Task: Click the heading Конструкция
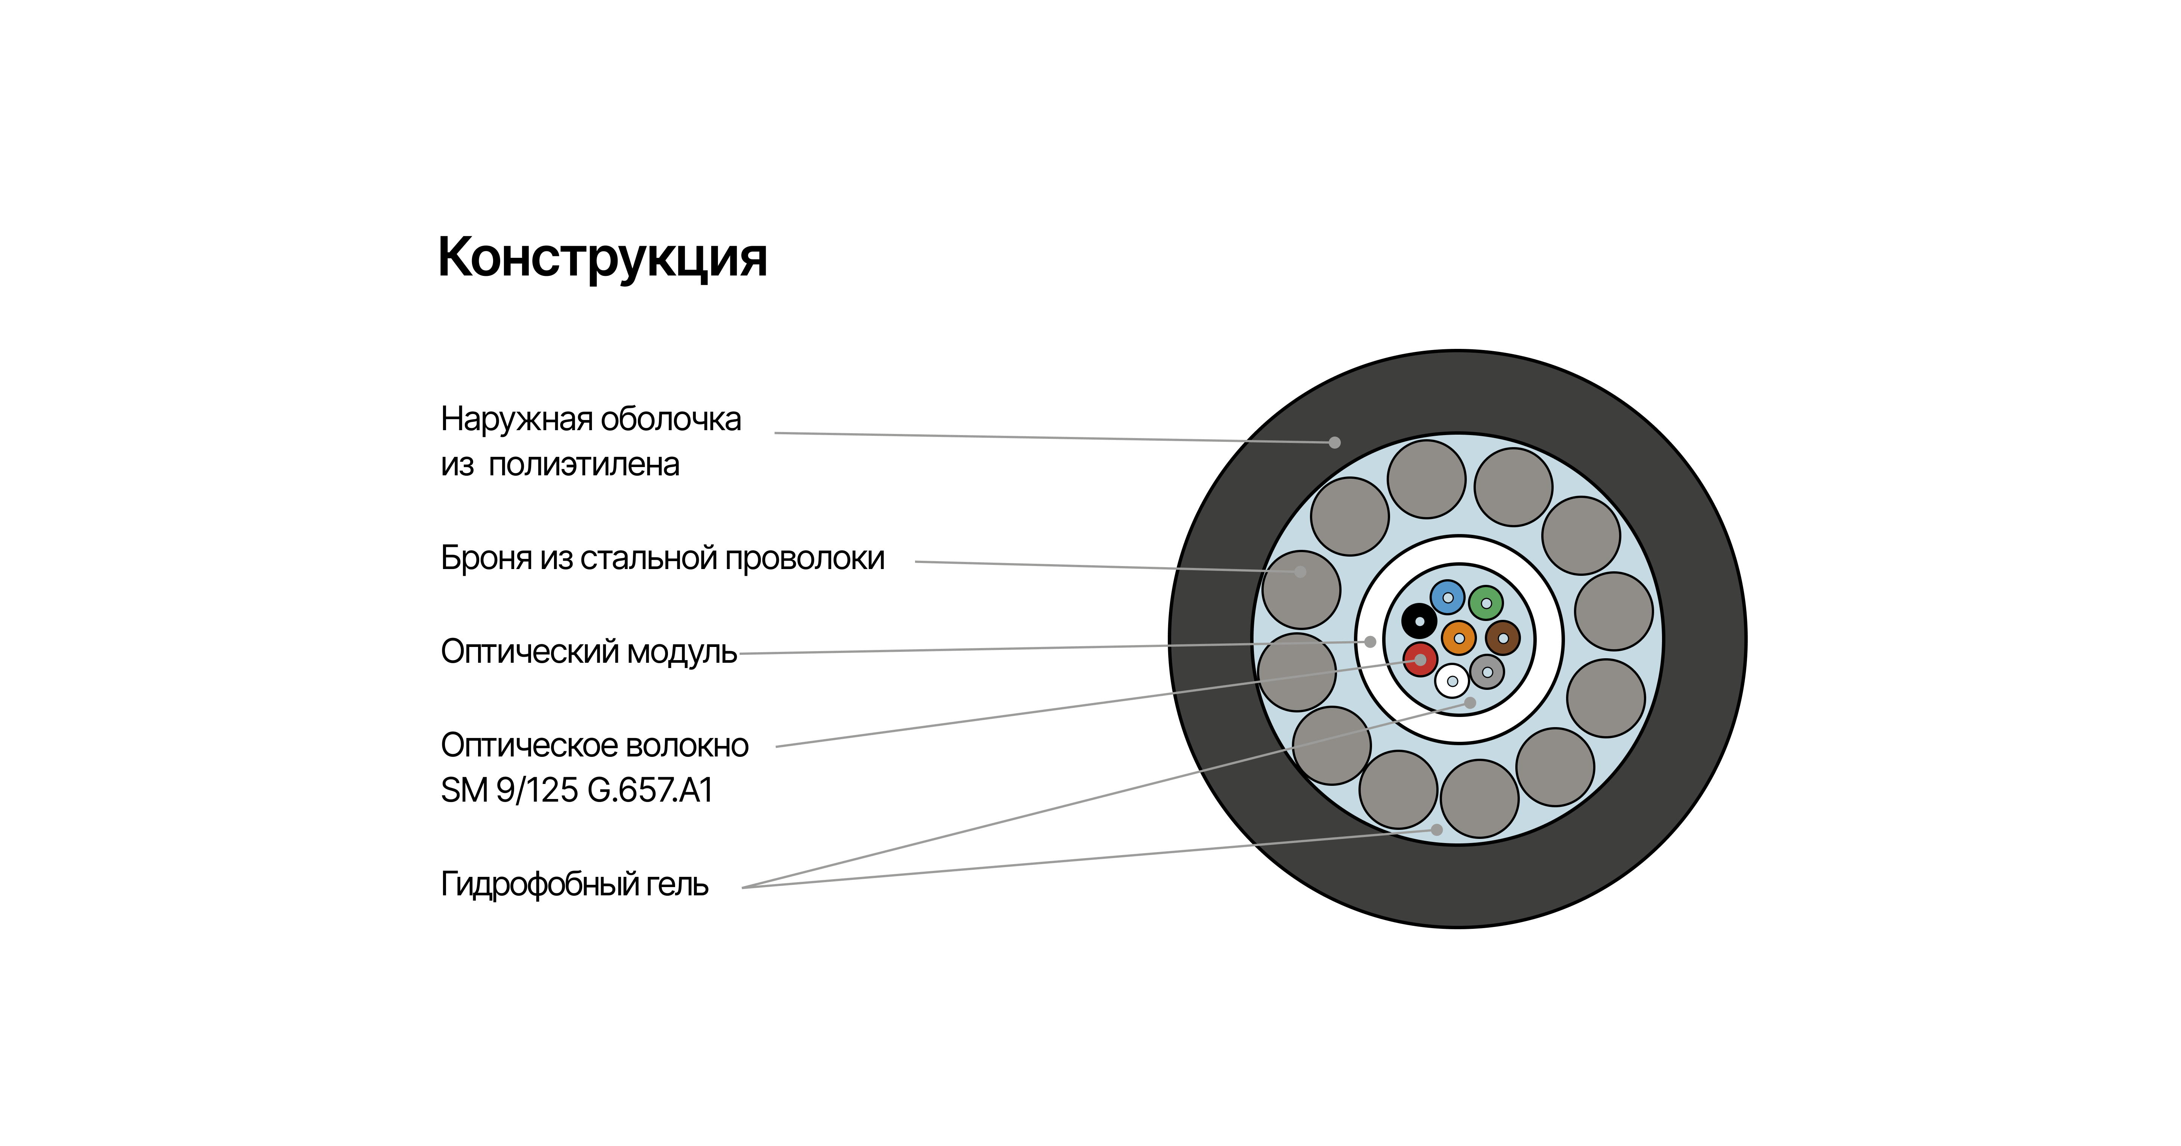(x=602, y=257)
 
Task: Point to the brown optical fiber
(x=1503, y=638)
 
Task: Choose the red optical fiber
(x=1421, y=659)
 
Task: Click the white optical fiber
(x=1452, y=680)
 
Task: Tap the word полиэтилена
(x=584, y=465)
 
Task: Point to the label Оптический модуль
(x=589, y=652)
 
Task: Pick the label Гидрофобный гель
(x=574, y=884)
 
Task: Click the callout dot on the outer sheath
(x=1334, y=442)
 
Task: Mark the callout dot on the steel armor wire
(x=1301, y=572)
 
